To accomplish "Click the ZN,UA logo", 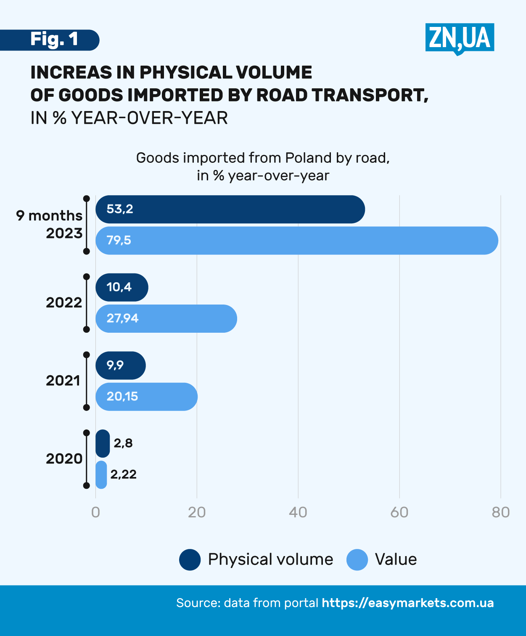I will [460, 38].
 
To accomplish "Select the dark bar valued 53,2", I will [230, 209].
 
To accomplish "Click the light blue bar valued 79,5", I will [297, 241].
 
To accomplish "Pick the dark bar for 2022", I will [122, 287].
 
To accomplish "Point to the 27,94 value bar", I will [166, 318].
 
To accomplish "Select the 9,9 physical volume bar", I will [121, 365].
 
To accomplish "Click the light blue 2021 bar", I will [146, 397].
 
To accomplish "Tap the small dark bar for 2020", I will [103, 443].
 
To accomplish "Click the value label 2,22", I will [123, 474].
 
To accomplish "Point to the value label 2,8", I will [123, 443].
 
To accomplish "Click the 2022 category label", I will [64, 302].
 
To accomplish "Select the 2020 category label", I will [64, 458].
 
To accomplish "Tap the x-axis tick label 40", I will [298, 512].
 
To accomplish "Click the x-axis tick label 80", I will [501, 512].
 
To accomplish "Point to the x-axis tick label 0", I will [95, 512].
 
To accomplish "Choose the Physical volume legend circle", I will [190, 560].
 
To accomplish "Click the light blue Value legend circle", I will [357, 560].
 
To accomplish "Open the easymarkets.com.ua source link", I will [407, 603].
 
